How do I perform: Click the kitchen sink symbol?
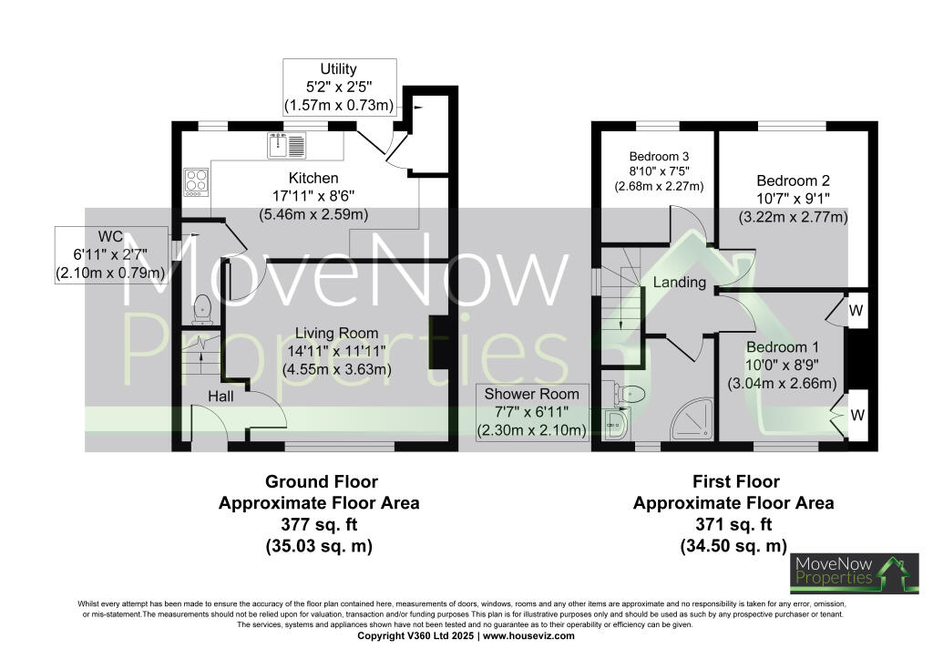coord(290,143)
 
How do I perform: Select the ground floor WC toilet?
coord(203,310)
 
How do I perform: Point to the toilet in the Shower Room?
coord(630,394)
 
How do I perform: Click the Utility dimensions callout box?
coord(339,87)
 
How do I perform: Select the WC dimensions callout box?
coord(111,255)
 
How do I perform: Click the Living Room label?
coord(336,334)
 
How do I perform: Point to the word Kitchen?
coord(313,178)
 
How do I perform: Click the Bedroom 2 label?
coord(792,180)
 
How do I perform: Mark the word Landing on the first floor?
coord(679,283)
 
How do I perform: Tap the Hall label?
coord(220,397)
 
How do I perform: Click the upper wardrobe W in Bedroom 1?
coord(856,310)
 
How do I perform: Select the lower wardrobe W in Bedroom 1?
coord(856,415)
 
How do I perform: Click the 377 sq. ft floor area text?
coord(319,524)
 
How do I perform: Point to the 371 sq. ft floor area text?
coord(733,524)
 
